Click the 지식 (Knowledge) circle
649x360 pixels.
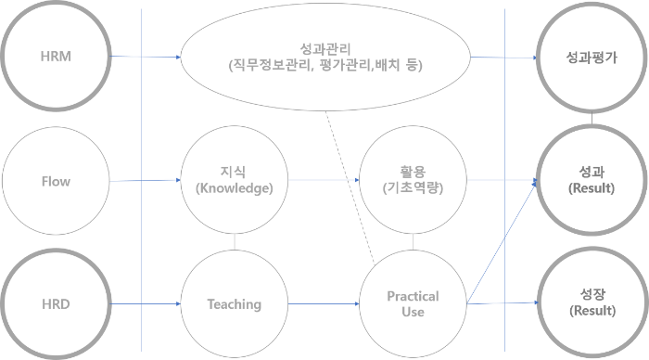click(236, 179)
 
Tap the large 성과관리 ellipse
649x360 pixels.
click(324, 58)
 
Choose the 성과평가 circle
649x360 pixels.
click(592, 58)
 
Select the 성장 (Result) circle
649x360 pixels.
click(592, 302)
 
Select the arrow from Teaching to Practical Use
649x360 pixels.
click(320, 303)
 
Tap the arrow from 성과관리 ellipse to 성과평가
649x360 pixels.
click(505, 58)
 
